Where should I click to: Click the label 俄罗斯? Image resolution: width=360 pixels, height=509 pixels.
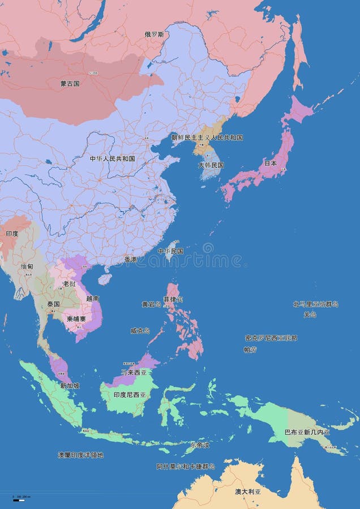[x=154, y=34]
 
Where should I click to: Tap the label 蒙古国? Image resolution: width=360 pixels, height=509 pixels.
[x=70, y=84]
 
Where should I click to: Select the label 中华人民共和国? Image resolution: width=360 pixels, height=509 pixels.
[x=112, y=159]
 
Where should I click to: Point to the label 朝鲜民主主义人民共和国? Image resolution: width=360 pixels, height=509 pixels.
[x=207, y=137]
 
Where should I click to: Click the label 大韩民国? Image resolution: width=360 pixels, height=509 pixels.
[x=211, y=165]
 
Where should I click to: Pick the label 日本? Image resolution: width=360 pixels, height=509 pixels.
[x=271, y=163]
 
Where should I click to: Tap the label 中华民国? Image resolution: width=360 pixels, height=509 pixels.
[x=170, y=251]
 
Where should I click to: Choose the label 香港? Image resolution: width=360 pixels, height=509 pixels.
[x=130, y=260]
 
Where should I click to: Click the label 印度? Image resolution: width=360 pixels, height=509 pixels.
[x=12, y=234]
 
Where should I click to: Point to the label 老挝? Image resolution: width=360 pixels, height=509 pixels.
[x=69, y=283]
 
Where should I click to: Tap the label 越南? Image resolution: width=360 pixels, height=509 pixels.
[x=93, y=298]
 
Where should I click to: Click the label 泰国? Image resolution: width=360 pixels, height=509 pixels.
[x=54, y=304]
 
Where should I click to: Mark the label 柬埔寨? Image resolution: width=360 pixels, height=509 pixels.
[x=76, y=318]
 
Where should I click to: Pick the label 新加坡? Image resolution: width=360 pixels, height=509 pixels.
[x=70, y=386]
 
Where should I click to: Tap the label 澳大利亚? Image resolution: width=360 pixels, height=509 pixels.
[x=248, y=491]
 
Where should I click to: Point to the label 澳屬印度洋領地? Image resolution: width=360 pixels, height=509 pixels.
[x=80, y=455]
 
